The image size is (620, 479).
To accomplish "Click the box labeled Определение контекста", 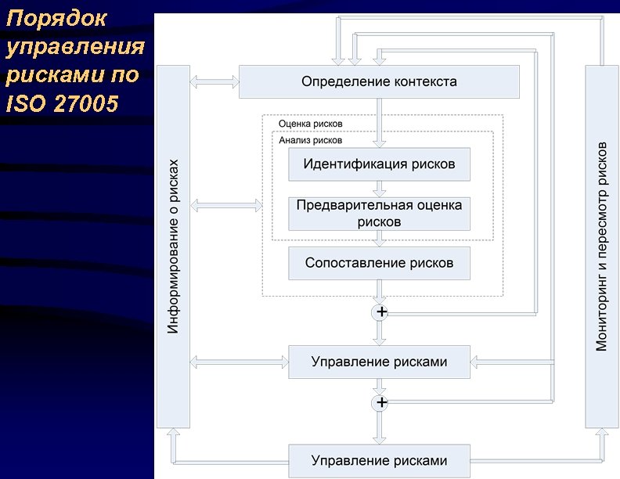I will click(x=379, y=81).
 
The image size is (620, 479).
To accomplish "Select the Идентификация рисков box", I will click(x=379, y=164).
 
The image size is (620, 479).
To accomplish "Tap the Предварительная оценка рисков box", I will click(x=379, y=214).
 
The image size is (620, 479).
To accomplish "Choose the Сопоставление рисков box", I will click(x=379, y=263).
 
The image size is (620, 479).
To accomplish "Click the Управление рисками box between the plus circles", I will click(x=379, y=362).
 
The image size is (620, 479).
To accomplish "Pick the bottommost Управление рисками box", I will click(x=379, y=459).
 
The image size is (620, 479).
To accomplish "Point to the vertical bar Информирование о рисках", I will click(x=173, y=247).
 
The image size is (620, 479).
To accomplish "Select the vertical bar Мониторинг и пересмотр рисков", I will click(x=602, y=247).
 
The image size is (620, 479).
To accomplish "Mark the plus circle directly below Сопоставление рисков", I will click(x=381, y=312).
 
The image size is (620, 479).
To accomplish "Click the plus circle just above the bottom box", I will click(x=381, y=402).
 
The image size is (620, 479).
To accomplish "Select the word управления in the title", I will click(x=75, y=47).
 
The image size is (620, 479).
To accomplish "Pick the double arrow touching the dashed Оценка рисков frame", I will click(x=226, y=206).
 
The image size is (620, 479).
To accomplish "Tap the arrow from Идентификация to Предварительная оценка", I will click(x=379, y=189).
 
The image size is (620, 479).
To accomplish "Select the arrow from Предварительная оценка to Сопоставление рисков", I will click(x=379, y=239).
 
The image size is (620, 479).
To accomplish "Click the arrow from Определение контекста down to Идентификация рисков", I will click(x=379, y=122).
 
